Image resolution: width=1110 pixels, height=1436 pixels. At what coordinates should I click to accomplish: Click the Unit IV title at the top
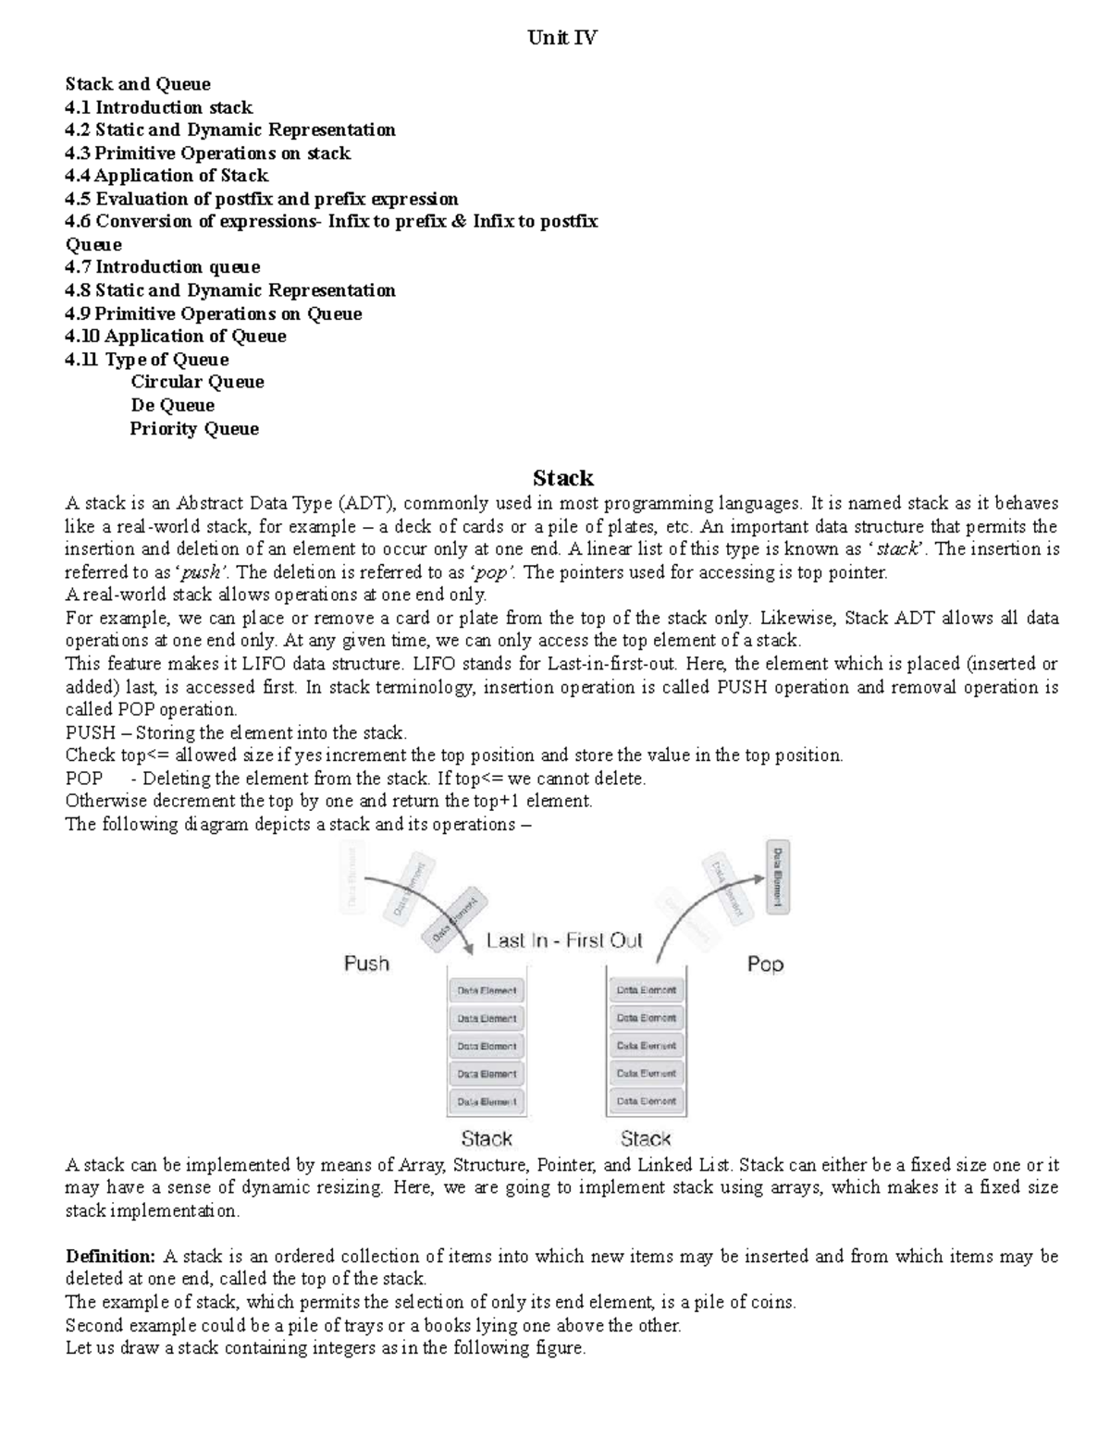coord(561,38)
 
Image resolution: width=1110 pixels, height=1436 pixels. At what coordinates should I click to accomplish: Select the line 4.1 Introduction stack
coord(158,107)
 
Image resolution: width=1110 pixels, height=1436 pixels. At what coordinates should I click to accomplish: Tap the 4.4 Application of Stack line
coord(166,176)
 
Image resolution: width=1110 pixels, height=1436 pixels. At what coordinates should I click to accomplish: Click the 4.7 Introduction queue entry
coord(163,267)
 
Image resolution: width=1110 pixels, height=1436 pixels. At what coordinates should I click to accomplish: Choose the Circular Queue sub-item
coord(197,382)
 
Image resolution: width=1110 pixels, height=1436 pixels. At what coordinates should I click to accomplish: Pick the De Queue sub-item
coord(172,405)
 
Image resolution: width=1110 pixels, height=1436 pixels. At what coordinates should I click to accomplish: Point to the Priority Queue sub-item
coord(194,428)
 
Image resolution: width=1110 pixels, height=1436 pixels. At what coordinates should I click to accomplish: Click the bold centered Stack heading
coord(562,478)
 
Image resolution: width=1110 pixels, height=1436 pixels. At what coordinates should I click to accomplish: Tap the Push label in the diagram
coord(366,963)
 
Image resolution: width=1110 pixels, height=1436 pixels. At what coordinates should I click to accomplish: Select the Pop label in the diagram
coord(765,964)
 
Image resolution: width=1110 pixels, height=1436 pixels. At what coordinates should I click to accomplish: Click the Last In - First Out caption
coord(564,940)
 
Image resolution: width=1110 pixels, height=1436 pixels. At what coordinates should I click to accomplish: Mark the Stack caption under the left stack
coord(487,1138)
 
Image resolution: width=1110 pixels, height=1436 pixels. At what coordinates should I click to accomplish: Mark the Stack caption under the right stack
coord(646,1138)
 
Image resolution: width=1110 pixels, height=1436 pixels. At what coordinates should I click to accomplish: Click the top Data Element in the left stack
coord(487,990)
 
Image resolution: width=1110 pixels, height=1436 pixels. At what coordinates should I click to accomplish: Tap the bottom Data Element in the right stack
coord(646,1101)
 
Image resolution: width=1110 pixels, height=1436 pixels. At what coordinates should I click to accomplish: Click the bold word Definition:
coord(110,1256)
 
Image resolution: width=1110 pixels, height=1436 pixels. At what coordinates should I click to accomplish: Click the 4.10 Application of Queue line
coord(176,337)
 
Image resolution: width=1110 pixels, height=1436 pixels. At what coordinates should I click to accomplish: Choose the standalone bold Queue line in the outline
coord(93,245)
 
